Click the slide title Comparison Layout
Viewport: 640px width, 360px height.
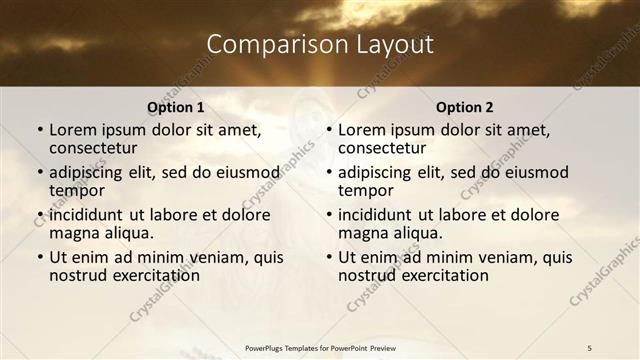click(320, 45)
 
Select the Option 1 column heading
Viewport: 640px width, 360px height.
click(176, 107)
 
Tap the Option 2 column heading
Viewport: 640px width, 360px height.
click(465, 107)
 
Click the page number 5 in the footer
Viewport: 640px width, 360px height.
click(589, 347)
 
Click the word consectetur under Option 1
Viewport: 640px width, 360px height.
click(92, 149)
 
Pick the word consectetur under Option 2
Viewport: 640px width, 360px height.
click(381, 149)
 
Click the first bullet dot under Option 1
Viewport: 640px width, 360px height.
click(40, 130)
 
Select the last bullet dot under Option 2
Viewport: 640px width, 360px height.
click(329, 257)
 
